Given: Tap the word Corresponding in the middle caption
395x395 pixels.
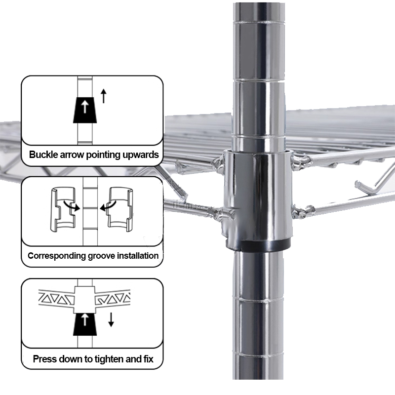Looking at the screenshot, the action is pyautogui.click(x=57, y=256).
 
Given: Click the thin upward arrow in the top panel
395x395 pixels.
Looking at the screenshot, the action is pyautogui.click(x=104, y=96).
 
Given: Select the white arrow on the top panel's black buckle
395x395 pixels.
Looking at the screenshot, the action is pyautogui.click(x=85, y=107).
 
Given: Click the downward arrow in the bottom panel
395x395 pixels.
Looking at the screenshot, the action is pyautogui.click(x=111, y=319).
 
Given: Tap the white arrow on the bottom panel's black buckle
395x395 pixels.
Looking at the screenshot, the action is pyautogui.click(x=85, y=319).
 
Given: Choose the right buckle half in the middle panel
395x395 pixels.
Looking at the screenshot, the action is pyautogui.click(x=120, y=209).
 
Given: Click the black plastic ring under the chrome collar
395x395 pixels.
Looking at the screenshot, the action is pyautogui.click(x=258, y=245).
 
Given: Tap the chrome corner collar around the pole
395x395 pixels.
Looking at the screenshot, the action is pyautogui.click(x=257, y=197).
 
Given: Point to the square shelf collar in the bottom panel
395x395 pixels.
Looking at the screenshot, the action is pyautogui.click(x=85, y=300).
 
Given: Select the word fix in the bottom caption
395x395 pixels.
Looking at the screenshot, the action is pyautogui.click(x=149, y=359).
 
